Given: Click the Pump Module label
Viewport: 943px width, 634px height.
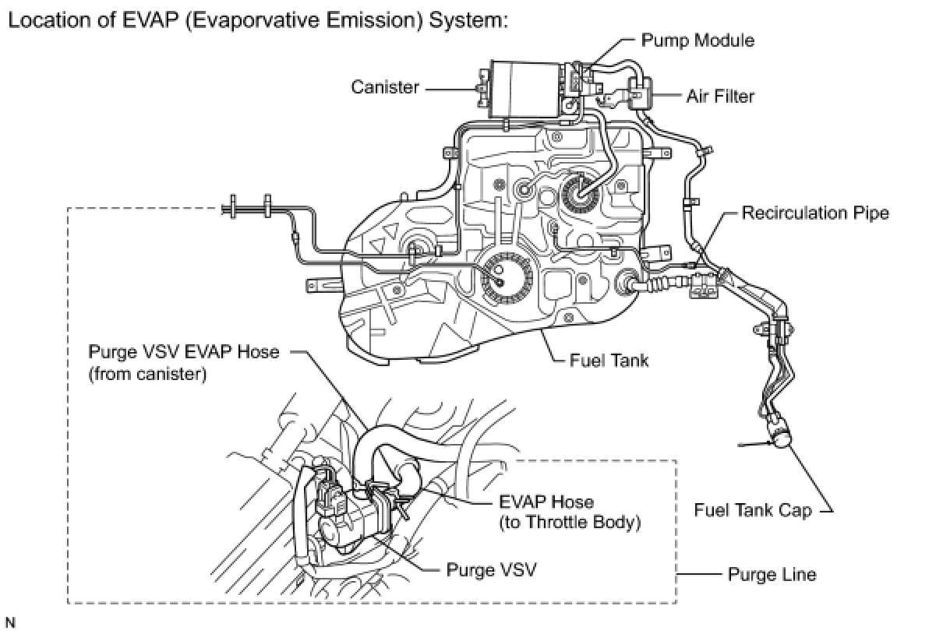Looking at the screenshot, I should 697,40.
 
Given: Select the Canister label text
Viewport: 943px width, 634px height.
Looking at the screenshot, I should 384,87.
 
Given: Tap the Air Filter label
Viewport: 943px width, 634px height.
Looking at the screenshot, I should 719,97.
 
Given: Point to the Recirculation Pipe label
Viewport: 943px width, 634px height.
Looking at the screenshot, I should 814,213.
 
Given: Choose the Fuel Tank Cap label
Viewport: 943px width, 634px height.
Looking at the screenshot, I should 753,511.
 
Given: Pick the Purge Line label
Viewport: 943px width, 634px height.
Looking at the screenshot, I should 772,575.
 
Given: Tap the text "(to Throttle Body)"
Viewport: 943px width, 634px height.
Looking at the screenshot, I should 570,523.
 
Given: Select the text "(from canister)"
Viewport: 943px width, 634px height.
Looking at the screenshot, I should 147,374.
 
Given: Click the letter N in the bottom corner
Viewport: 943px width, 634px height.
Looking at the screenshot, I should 10,622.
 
